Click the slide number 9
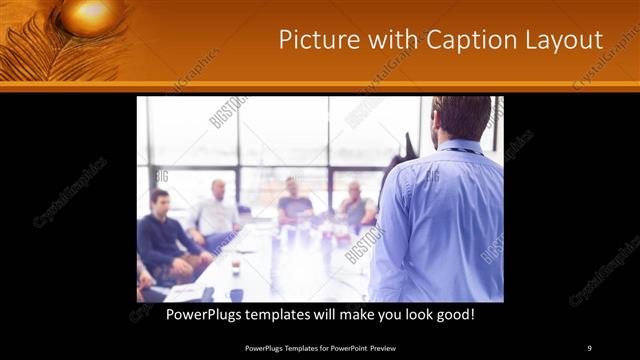point(589,347)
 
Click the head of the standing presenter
point(462,118)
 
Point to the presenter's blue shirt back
point(445,220)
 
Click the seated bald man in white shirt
point(217,212)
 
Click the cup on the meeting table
point(236,268)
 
